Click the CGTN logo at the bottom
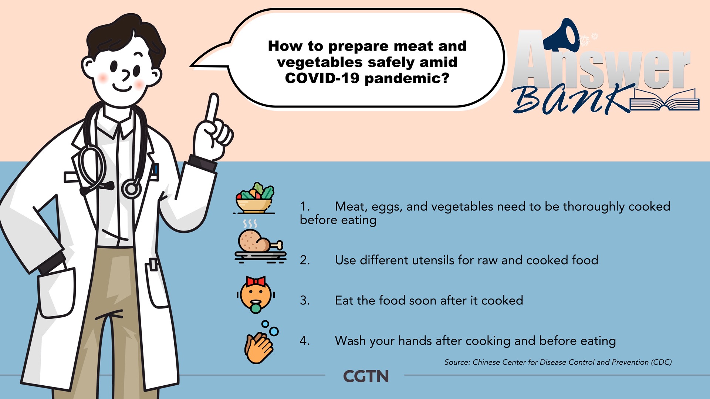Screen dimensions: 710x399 click(366, 376)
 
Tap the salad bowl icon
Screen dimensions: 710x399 click(254, 198)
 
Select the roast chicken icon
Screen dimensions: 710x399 click(260, 242)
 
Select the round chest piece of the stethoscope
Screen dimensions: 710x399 click(131, 189)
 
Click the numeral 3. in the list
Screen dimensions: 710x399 click(305, 301)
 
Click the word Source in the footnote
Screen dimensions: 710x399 click(457, 362)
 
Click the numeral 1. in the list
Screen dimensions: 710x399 click(305, 207)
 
